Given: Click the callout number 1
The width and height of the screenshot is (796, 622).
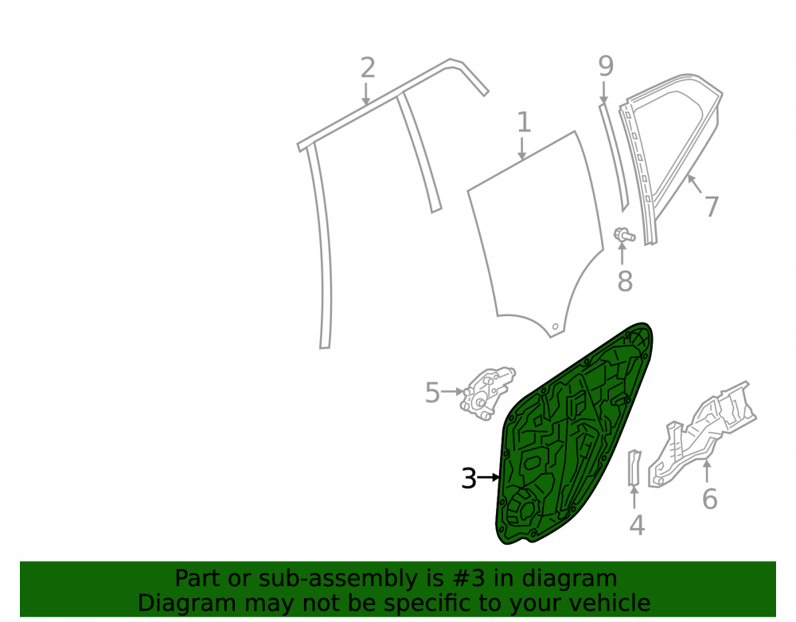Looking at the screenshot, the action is pos(524,123).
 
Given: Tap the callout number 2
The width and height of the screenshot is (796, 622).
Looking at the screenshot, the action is pos(368,68).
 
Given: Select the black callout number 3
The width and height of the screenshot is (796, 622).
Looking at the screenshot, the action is pos(469,479).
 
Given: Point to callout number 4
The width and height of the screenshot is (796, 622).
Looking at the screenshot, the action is pos(637,525).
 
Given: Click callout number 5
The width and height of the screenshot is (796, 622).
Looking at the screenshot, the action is pos(432,393).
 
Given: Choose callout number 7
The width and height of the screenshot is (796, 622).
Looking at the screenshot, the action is pos(712,206).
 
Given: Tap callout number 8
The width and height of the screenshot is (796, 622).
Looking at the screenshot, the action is pos(625,281).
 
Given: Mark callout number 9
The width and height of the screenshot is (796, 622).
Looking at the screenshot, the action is pos(606,66).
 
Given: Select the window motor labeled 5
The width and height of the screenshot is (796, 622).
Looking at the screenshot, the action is pos(486,394).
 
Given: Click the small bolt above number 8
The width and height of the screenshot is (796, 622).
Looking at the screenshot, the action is pos(624,235).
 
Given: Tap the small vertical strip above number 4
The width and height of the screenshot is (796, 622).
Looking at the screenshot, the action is pos(634,467).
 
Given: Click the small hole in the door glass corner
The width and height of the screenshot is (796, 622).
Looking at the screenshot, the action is pos(556,326).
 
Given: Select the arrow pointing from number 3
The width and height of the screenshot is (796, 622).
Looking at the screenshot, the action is pos(489,477).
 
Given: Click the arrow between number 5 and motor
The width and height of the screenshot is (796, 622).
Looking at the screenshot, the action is pos(453,392).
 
